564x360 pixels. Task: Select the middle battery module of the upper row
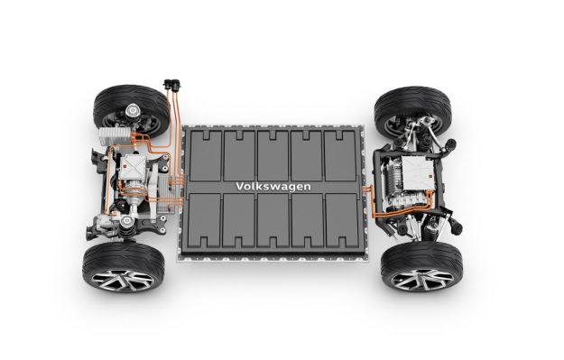(x=273, y=152)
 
